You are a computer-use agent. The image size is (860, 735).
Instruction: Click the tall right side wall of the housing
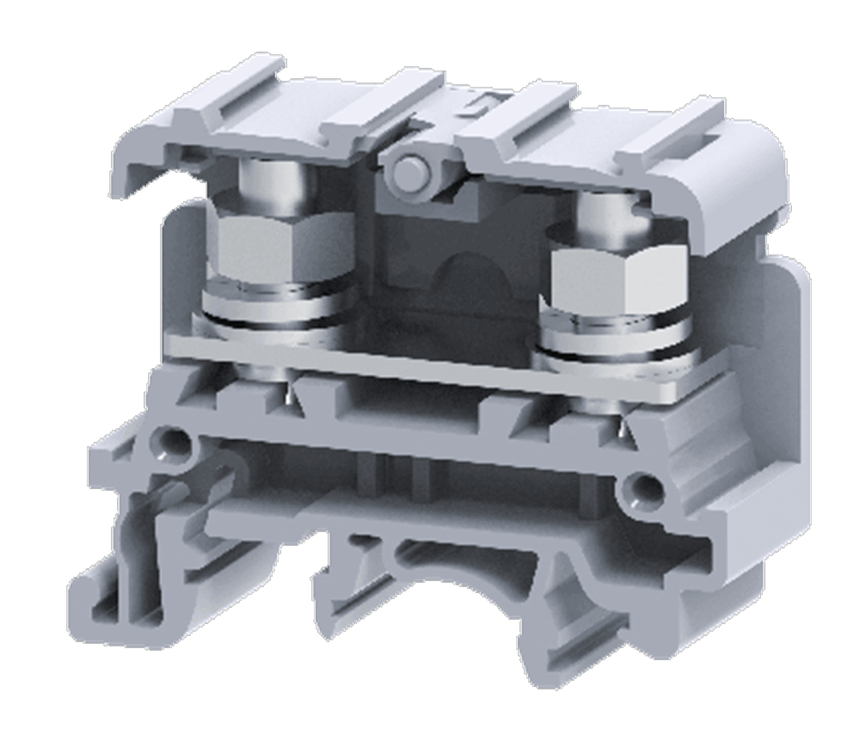(787, 361)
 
